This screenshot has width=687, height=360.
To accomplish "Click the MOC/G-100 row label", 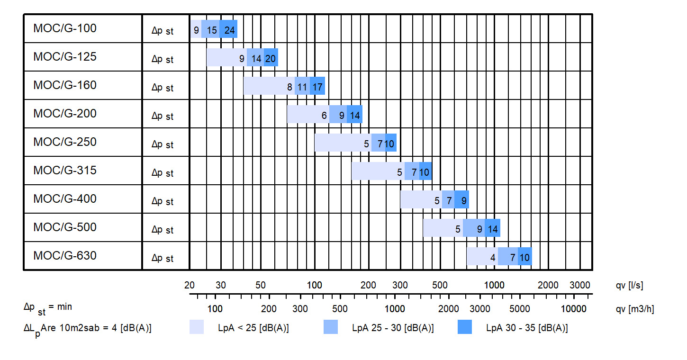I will pyautogui.click(x=65, y=28).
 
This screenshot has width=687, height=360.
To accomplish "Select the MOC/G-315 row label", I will pyautogui.click(x=65, y=171).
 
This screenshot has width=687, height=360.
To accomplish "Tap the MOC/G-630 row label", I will pyautogui.click(x=65, y=256).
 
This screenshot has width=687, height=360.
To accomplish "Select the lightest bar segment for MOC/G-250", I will pyautogui.click(x=342, y=143).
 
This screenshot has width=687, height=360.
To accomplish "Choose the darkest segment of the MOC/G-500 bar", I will pyautogui.click(x=492, y=228).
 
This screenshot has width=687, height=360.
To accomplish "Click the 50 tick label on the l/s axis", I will pyautogui.click(x=261, y=285).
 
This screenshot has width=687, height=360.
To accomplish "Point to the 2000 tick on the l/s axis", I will pyautogui.click(x=549, y=285).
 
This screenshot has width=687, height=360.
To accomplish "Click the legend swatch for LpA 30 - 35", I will pyautogui.click(x=465, y=327).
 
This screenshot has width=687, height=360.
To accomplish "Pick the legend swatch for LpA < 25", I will pyautogui.click(x=197, y=327).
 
